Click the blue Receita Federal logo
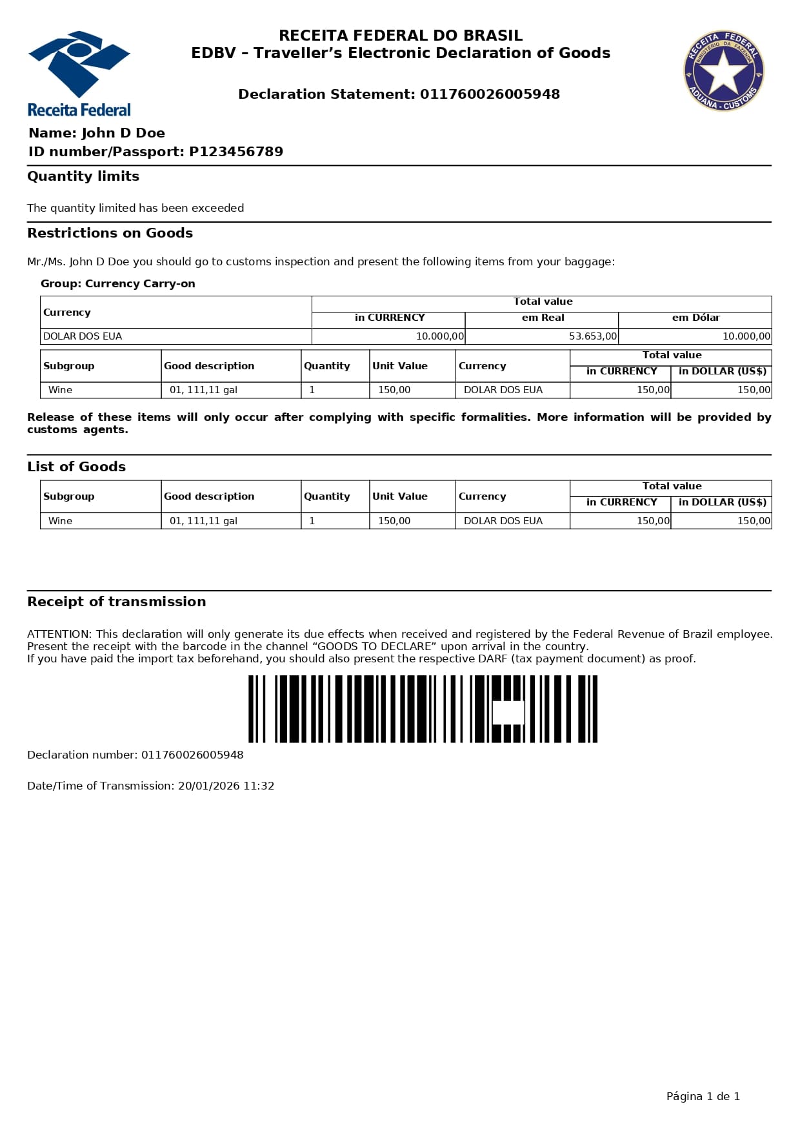tap(79, 72)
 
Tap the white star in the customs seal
tap(723, 71)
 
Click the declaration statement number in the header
tap(490, 94)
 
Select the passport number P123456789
tap(236, 152)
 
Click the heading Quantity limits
tap(83, 176)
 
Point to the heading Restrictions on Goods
tap(110, 233)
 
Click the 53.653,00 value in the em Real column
tap(592, 336)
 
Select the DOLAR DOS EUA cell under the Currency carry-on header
tap(83, 336)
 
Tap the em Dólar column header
tap(695, 318)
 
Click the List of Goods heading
tap(76, 467)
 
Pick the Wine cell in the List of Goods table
tap(61, 521)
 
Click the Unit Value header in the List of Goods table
tap(400, 496)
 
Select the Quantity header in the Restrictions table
tap(327, 366)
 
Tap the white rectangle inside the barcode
tap(508, 713)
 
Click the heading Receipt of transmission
tap(116, 602)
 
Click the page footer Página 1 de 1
tap(703, 1096)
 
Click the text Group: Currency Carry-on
tap(117, 283)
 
